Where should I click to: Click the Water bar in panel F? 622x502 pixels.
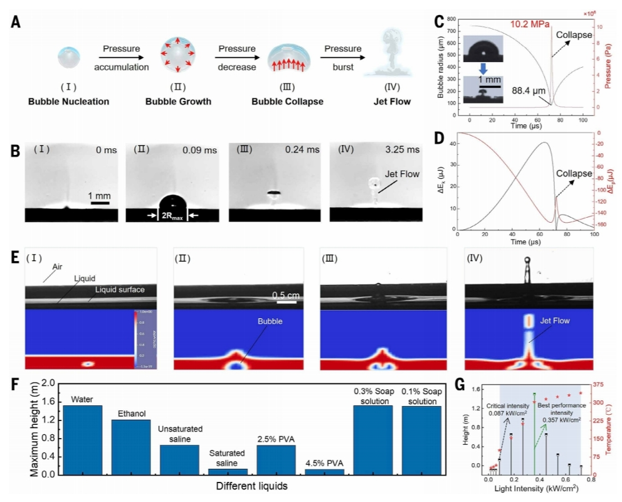click(x=82, y=439)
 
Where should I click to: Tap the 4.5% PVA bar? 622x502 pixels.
click(x=324, y=471)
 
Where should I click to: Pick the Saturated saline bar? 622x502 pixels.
click(x=228, y=471)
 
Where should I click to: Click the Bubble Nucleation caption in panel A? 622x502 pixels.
click(x=68, y=101)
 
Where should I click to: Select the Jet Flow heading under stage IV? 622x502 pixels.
click(x=394, y=101)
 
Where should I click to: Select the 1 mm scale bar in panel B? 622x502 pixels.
click(x=100, y=202)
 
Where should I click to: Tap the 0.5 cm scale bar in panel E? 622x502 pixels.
click(x=287, y=302)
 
